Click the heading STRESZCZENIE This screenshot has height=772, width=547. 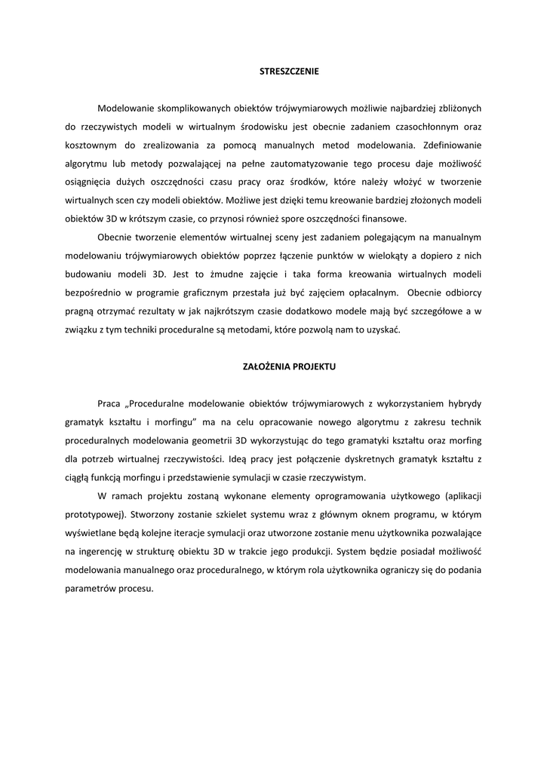click(x=273, y=72)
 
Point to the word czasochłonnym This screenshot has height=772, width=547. click(x=420, y=127)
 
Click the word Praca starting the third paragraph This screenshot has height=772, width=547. click(x=109, y=403)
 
